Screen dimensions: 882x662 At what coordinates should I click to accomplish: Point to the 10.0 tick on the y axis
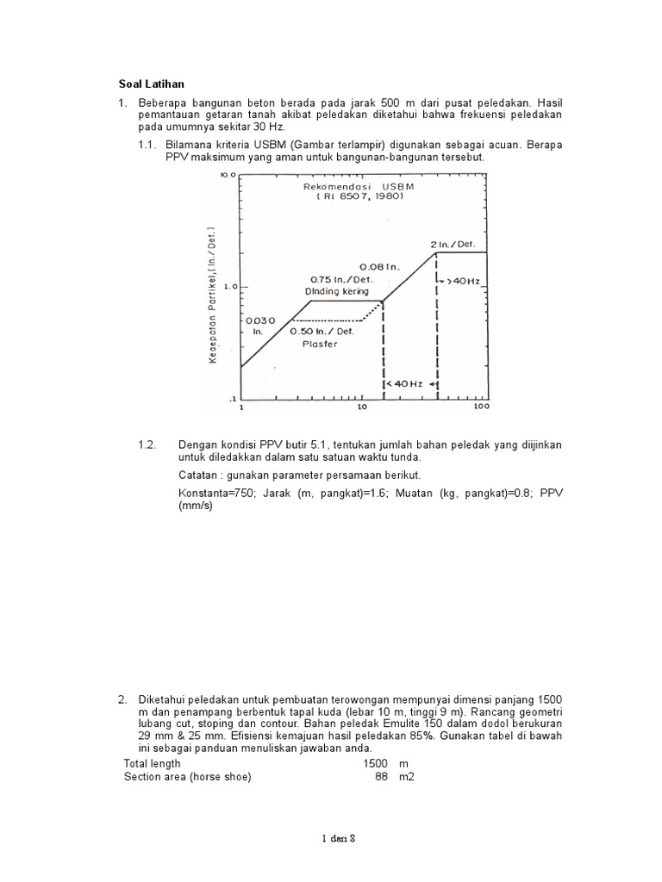(227, 175)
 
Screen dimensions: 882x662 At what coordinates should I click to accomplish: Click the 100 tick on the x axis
(481, 406)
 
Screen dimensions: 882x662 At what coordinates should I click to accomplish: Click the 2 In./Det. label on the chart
(453, 244)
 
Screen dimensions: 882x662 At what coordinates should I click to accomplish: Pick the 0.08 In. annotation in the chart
(378, 268)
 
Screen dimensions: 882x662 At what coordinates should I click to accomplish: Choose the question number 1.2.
(147, 444)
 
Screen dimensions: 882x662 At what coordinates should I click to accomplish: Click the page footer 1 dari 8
(332, 839)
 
